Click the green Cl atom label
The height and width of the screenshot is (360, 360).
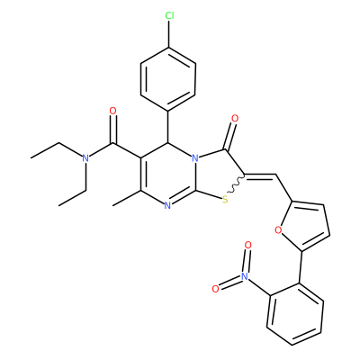(x=169, y=16)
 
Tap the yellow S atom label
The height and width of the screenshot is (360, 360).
(x=226, y=198)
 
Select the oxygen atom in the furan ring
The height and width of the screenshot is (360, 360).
(x=278, y=230)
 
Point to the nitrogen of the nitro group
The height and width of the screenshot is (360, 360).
(x=246, y=276)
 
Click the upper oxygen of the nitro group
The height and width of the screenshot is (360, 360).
(x=247, y=245)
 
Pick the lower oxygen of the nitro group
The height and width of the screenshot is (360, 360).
(x=216, y=289)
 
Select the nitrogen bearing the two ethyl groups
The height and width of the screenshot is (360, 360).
(x=85, y=158)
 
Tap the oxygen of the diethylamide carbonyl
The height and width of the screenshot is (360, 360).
(x=112, y=111)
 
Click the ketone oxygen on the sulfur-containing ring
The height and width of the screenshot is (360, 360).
(x=235, y=119)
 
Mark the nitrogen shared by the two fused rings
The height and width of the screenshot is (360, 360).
(x=195, y=157)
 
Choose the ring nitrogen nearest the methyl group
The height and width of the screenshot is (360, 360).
(x=167, y=205)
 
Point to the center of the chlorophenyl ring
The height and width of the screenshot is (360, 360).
(x=168, y=78)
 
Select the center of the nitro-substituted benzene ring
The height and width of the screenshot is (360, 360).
(x=295, y=313)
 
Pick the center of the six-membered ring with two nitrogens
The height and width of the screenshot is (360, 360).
(x=168, y=174)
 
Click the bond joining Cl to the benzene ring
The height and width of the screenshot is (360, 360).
(x=169, y=34)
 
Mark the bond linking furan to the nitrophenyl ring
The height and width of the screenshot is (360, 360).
(x=300, y=267)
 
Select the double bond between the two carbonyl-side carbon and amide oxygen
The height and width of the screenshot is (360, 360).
(x=113, y=129)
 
